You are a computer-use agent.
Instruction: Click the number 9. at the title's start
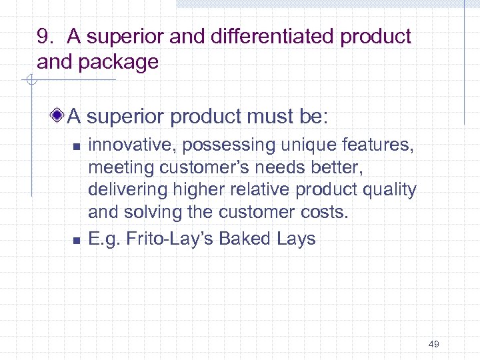(45, 37)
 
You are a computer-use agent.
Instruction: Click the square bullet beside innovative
(76, 145)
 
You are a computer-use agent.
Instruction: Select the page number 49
(433, 344)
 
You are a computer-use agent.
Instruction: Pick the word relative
(261, 191)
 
